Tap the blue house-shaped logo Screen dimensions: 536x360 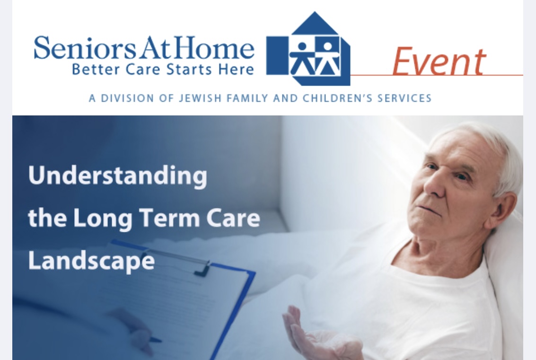point(308,49)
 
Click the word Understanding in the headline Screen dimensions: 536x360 point(118,176)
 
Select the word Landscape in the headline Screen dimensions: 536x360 point(91,260)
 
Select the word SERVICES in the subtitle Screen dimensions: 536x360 point(404,98)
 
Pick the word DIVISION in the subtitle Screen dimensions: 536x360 point(128,98)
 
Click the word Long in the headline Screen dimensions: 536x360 point(103,219)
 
